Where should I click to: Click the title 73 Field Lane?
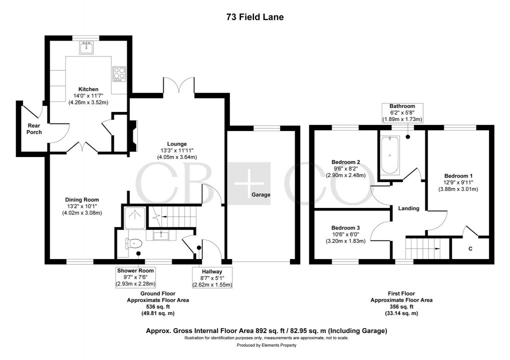coord(254,17)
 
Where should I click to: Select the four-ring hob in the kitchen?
coord(119,73)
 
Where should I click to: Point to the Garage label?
coord(261,195)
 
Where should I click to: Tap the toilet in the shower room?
coord(133,243)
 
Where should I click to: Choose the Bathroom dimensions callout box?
coord(402,113)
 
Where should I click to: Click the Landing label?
coord(409,208)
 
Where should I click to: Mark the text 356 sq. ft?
coord(401,307)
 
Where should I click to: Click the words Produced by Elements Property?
coord(266,345)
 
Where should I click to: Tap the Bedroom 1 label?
coord(458,176)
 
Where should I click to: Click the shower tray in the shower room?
coord(133,216)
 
